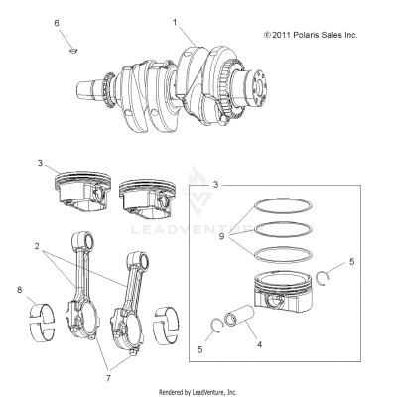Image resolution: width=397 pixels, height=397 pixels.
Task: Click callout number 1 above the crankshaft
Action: click(x=175, y=21)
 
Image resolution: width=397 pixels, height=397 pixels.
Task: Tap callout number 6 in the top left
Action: click(x=57, y=22)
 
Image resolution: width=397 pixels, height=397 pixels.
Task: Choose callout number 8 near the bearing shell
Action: click(x=18, y=290)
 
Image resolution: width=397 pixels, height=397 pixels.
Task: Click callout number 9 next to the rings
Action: click(x=220, y=237)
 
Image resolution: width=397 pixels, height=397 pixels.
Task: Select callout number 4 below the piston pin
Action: click(x=259, y=344)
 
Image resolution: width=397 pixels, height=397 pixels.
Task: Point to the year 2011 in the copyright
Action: click(x=283, y=35)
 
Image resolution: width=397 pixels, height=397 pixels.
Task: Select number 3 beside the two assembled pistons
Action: click(x=41, y=162)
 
